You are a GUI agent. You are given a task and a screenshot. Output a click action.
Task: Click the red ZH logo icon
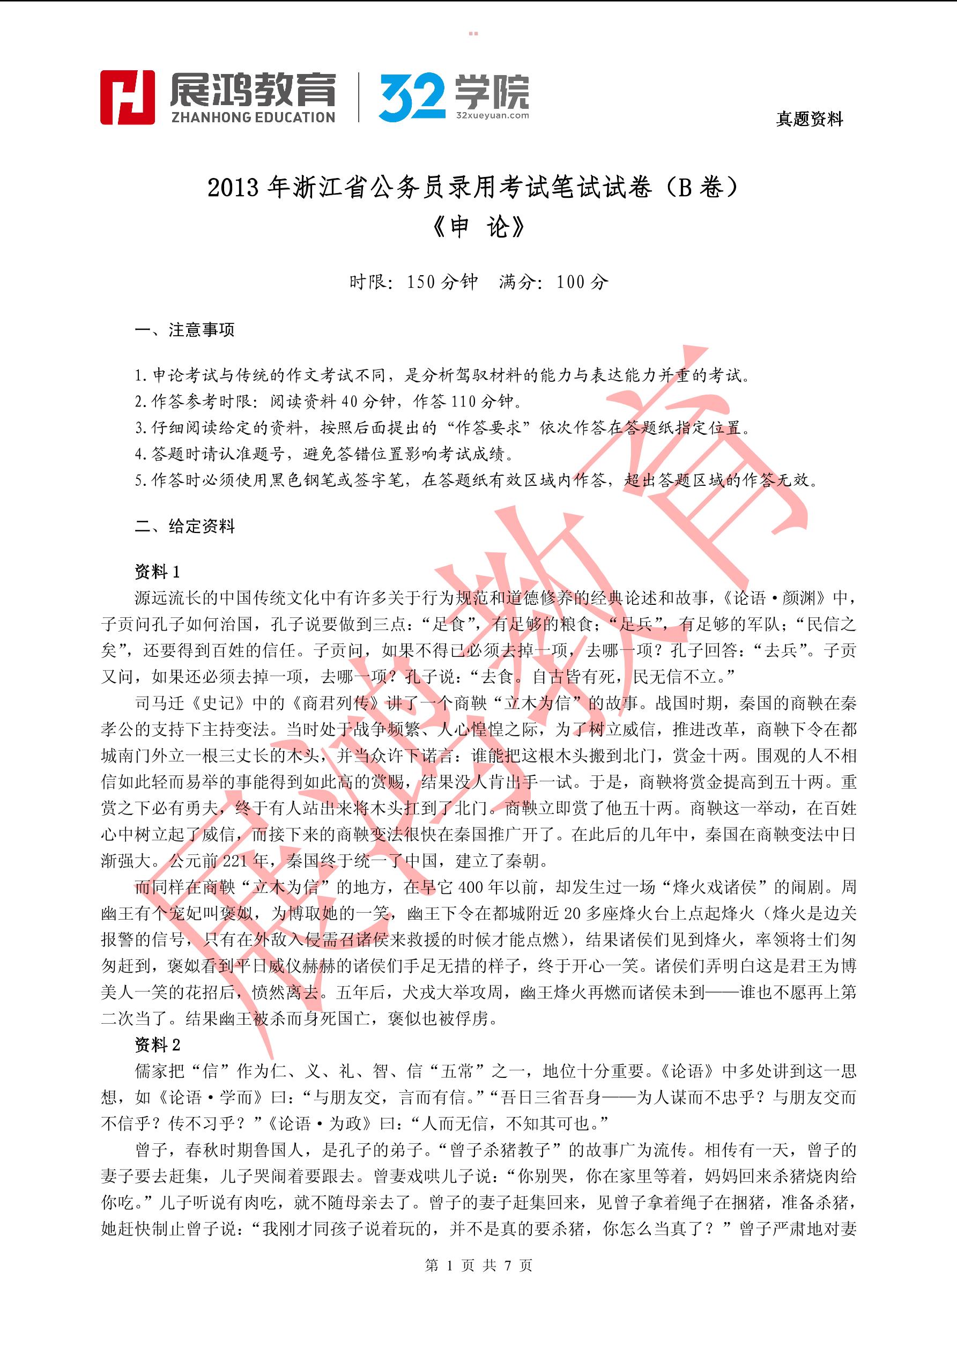[x=128, y=97]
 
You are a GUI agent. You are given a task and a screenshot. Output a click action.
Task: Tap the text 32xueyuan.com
[x=492, y=116]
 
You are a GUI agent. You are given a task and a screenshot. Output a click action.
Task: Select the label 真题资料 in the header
[x=809, y=120]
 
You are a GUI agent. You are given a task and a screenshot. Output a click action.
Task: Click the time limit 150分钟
[x=442, y=282]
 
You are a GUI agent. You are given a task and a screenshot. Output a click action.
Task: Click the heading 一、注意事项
[x=184, y=330]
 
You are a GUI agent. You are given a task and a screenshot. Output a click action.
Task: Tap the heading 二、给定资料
[x=184, y=526]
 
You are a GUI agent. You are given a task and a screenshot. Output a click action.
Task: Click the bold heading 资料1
[x=158, y=572]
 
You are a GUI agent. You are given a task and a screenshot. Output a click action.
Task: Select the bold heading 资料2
[x=158, y=1045]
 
